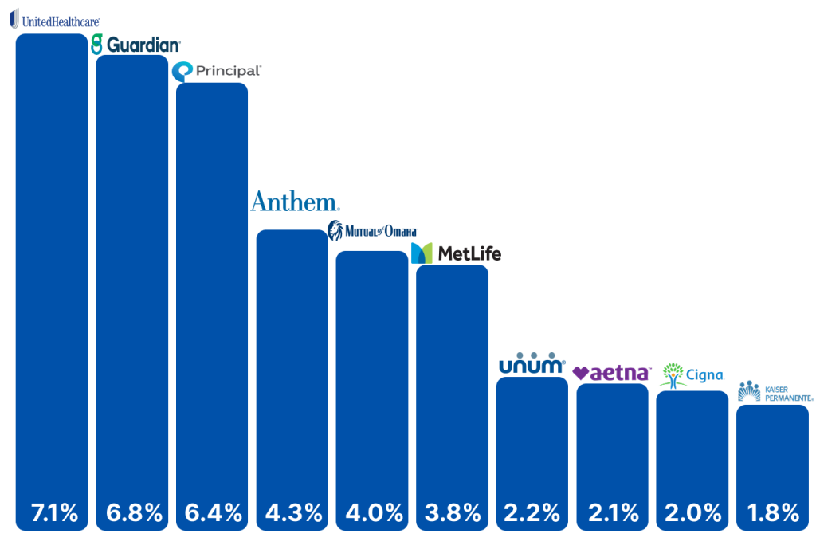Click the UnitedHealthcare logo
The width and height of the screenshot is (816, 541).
[x=55, y=19]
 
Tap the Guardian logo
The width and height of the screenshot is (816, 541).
[x=135, y=45]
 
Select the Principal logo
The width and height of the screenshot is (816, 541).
[x=217, y=71]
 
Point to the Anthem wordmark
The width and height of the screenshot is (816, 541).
[x=295, y=202]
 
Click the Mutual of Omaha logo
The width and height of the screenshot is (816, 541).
[x=372, y=230]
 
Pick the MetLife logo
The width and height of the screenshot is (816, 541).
[x=456, y=253]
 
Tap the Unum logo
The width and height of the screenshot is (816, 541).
[x=532, y=363]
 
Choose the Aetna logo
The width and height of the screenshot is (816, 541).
[x=611, y=373]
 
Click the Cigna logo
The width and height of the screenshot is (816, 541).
[x=692, y=375]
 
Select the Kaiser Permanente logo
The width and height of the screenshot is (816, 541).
[x=775, y=391]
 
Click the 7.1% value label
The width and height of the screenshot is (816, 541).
[x=55, y=513]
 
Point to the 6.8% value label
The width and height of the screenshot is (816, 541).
[x=134, y=513]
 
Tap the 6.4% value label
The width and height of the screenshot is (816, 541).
[x=214, y=513]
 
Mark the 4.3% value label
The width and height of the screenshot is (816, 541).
[x=294, y=513]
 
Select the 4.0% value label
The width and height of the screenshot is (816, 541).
[x=375, y=513]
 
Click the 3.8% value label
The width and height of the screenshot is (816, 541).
[x=453, y=513]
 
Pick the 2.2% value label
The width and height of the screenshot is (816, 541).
[x=532, y=513]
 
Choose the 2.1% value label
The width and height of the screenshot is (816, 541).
[x=614, y=513]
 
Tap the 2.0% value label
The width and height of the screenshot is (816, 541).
[x=693, y=513]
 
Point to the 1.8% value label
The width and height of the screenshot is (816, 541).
[x=773, y=513]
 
